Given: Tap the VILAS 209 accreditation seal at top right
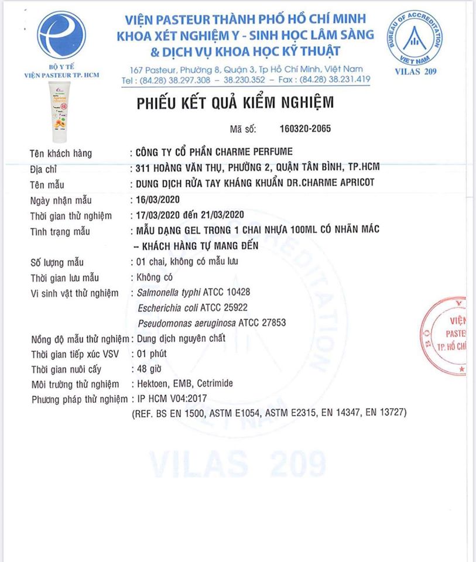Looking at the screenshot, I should (x=415, y=37).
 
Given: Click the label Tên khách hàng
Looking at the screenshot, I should (x=61, y=154).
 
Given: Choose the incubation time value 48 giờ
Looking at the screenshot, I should (x=149, y=369).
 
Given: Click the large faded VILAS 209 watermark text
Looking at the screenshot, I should (x=238, y=464).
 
